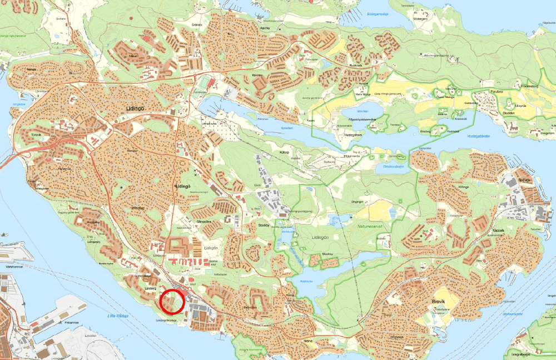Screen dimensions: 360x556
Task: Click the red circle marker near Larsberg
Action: (x=172, y=301)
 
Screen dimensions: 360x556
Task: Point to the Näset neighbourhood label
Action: (x=132, y=56)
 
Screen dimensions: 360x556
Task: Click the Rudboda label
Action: (x=356, y=65)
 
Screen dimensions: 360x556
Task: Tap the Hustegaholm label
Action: (x=354, y=134)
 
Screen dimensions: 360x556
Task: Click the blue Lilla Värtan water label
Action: (x=118, y=316)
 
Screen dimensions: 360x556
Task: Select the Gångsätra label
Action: (x=205, y=221)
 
